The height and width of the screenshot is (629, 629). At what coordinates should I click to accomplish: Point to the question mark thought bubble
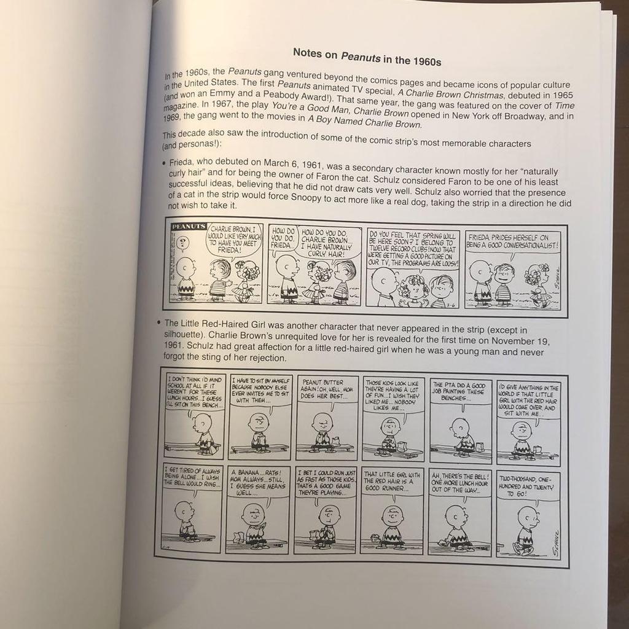(x=181, y=244)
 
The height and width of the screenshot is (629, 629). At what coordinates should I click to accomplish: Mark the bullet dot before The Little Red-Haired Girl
(x=159, y=323)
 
